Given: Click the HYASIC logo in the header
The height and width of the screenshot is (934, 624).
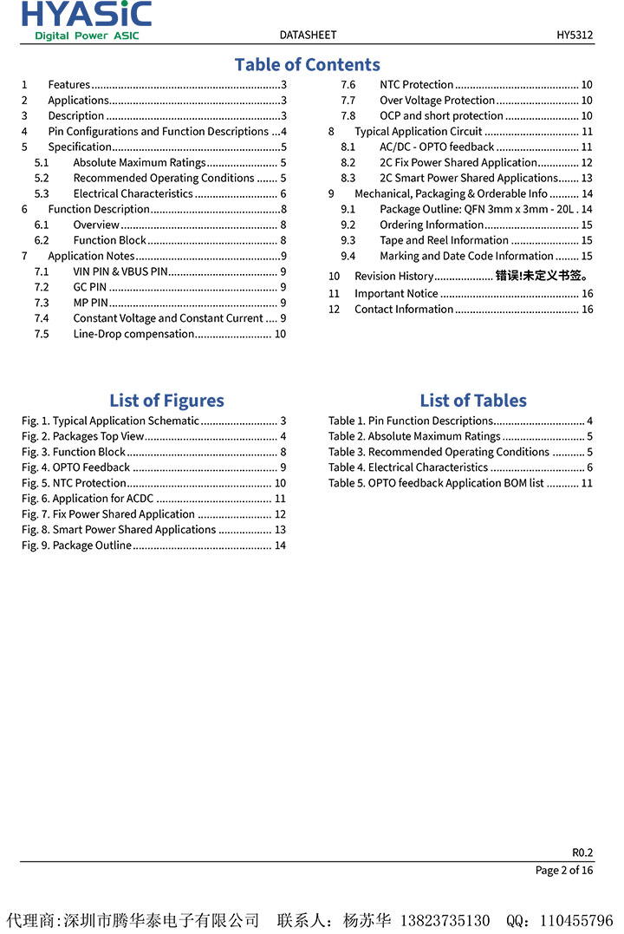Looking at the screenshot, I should tap(86, 20).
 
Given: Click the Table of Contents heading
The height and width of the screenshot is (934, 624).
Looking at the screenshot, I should tap(307, 64).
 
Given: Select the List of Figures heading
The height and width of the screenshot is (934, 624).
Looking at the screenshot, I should tap(166, 400).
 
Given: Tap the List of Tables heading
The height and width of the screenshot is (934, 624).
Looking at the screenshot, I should tap(473, 400).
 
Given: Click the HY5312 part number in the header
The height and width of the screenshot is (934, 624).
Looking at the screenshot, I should tap(575, 35).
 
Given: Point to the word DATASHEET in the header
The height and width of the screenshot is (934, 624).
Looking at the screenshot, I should tap(308, 35).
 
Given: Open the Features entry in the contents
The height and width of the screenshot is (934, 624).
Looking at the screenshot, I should tap(69, 85).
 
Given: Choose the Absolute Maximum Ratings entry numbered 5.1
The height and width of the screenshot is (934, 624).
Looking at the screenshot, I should tap(140, 162).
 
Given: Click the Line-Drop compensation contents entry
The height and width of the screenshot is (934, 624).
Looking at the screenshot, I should tap(133, 334).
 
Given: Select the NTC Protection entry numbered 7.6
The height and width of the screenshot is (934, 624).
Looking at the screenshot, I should tap(416, 85).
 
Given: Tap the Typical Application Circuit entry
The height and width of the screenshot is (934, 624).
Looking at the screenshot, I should tap(418, 132).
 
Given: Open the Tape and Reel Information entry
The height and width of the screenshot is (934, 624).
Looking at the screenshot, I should tap(444, 240).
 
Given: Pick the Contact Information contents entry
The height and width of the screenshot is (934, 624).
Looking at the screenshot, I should tap(404, 310).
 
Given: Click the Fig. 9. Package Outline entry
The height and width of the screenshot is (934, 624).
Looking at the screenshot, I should tap(77, 545).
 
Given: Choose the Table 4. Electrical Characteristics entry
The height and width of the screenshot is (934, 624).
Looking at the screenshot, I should tap(408, 467).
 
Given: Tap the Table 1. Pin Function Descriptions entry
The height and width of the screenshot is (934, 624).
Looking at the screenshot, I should tap(411, 421).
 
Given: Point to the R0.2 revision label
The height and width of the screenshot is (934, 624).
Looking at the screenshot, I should tap(582, 852).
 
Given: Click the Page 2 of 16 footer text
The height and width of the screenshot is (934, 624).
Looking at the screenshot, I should tap(564, 871).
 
